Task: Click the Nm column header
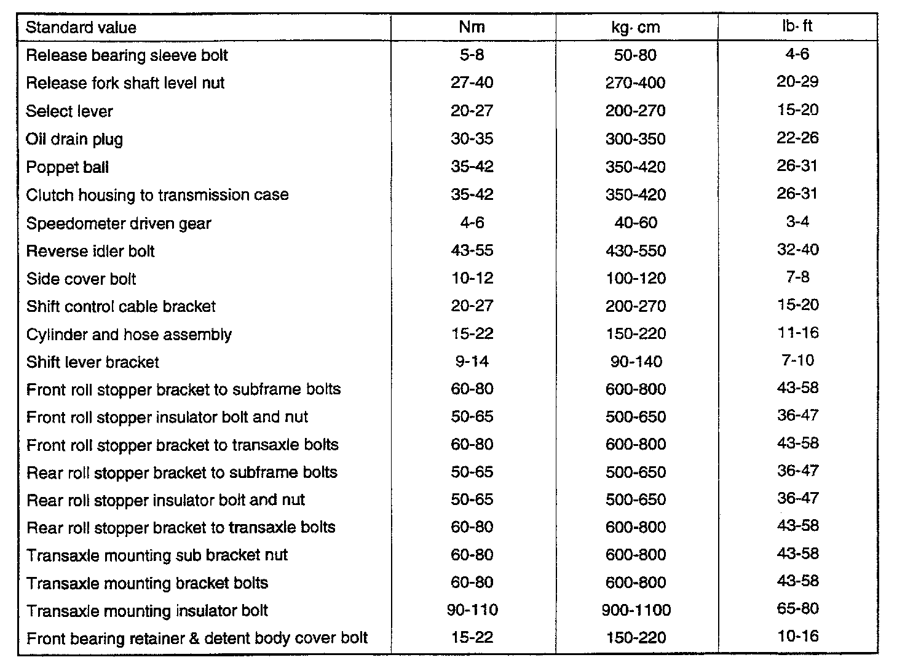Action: pyautogui.click(x=472, y=26)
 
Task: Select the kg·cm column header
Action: pyautogui.click(x=635, y=27)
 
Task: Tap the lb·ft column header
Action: pyautogui.click(x=797, y=26)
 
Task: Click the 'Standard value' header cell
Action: pyautogui.click(x=81, y=28)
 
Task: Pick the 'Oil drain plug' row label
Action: pyautogui.click(x=74, y=139)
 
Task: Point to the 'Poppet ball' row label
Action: pyautogui.click(x=68, y=167)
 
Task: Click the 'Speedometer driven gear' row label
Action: pyautogui.click(x=119, y=223)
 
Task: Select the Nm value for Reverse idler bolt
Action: pyautogui.click(x=472, y=251)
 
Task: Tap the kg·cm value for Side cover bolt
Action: pyautogui.click(x=635, y=279)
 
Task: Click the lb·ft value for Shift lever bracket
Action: pyautogui.click(x=797, y=360)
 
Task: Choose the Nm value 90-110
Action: pyautogui.click(x=472, y=610)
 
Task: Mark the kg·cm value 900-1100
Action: pyautogui.click(x=635, y=610)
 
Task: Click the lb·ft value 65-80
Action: pyautogui.click(x=797, y=609)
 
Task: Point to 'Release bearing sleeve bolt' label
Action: pyautogui.click(x=127, y=55)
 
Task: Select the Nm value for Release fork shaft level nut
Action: pyautogui.click(x=472, y=83)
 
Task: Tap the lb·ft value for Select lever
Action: pyautogui.click(x=797, y=110)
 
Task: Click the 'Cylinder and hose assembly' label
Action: pyautogui.click(x=129, y=335)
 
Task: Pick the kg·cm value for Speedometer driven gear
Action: pyautogui.click(x=635, y=223)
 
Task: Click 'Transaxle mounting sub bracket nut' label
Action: pyautogui.click(x=157, y=555)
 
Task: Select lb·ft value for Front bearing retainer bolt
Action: pyautogui.click(x=797, y=637)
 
